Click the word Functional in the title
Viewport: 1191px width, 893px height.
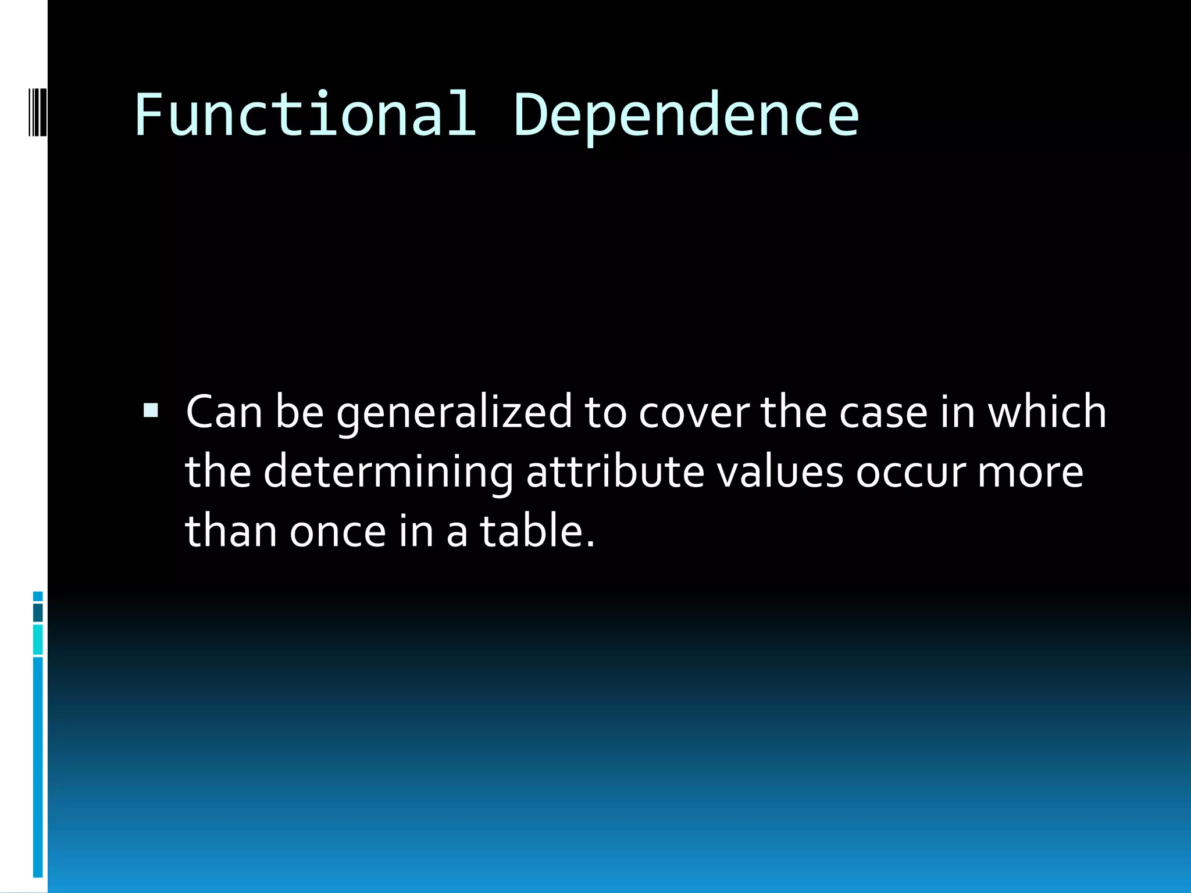point(305,115)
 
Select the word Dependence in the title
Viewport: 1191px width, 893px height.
point(686,116)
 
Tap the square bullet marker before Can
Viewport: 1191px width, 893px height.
point(151,411)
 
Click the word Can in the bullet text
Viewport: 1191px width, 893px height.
point(224,412)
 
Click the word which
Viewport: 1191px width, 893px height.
point(1047,412)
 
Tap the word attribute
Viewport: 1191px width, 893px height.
point(615,471)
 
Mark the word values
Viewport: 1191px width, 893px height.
point(779,471)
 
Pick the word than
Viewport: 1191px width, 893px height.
point(231,531)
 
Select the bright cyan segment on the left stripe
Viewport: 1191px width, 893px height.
point(38,640)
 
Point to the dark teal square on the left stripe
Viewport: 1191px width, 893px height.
point(38,613)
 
